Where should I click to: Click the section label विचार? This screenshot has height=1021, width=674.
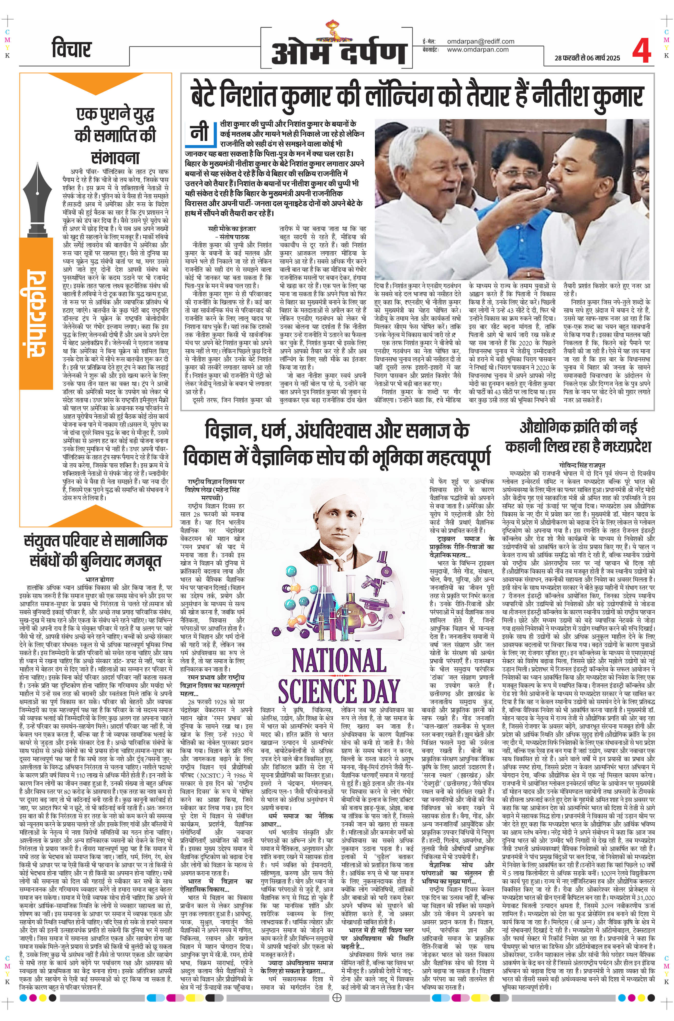pos(71,49)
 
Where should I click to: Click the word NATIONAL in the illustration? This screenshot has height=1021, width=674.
pos(338,660)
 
